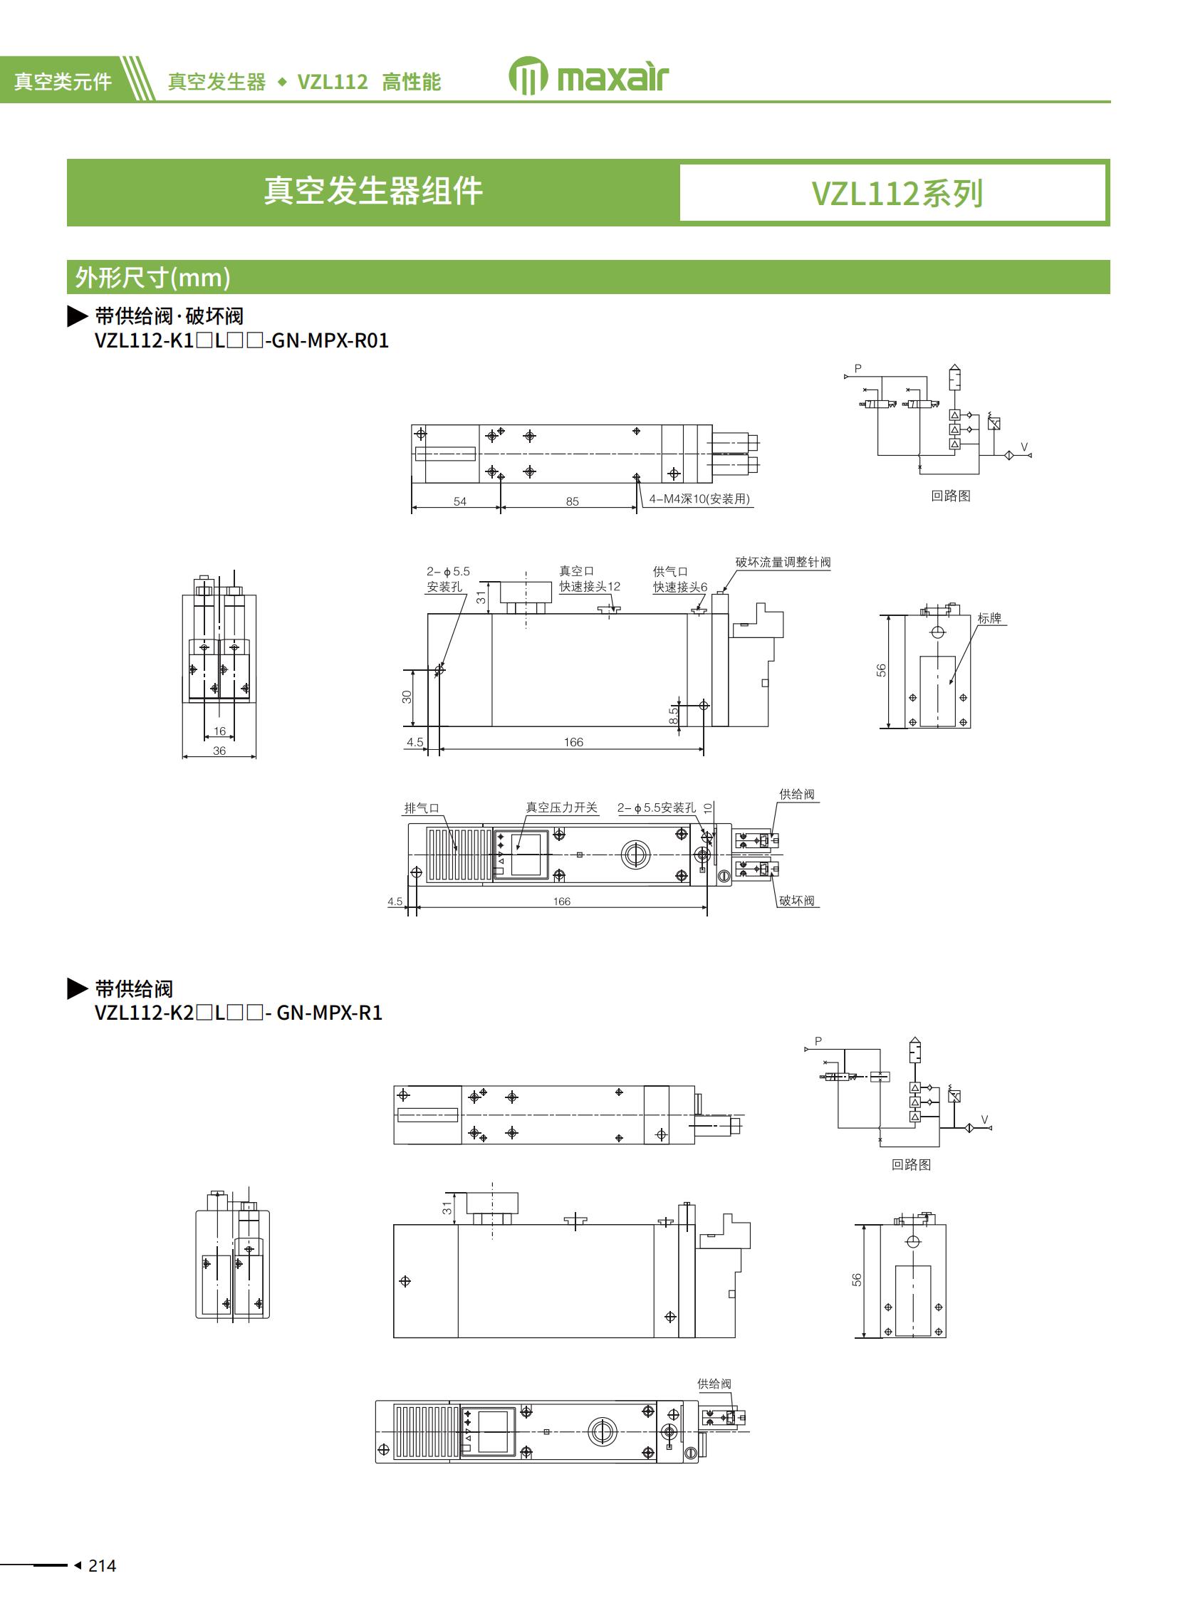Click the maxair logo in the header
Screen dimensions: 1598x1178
pos(589,76)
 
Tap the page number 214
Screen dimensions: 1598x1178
pos(102,1565)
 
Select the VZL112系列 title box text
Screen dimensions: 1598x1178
pos(897,193)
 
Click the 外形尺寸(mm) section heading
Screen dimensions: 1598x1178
pos(152,278)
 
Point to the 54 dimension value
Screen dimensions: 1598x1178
pos(460,501)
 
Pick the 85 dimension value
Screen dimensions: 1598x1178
pos(572,501)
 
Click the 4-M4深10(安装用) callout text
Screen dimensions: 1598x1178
pos(699,498)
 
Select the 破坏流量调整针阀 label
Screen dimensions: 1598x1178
pos(782,562)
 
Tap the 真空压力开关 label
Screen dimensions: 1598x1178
pos(561,808)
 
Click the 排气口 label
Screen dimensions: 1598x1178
pos(422,808)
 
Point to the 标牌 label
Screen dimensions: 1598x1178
pos(989,618)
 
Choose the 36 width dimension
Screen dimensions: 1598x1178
pos(219,751)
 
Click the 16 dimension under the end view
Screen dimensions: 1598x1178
pos(219,731)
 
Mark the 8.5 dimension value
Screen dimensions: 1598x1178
pos(673,715)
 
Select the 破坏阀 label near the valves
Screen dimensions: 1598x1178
pos(796,901)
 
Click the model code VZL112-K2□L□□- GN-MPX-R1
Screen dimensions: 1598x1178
pos(238,1013)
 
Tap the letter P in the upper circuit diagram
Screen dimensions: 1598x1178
pos(858,369)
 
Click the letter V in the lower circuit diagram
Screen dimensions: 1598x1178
pos(985,1119)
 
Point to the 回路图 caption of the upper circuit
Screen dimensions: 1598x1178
pos(950,496)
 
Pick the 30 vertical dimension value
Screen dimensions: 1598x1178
pos(407,696)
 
